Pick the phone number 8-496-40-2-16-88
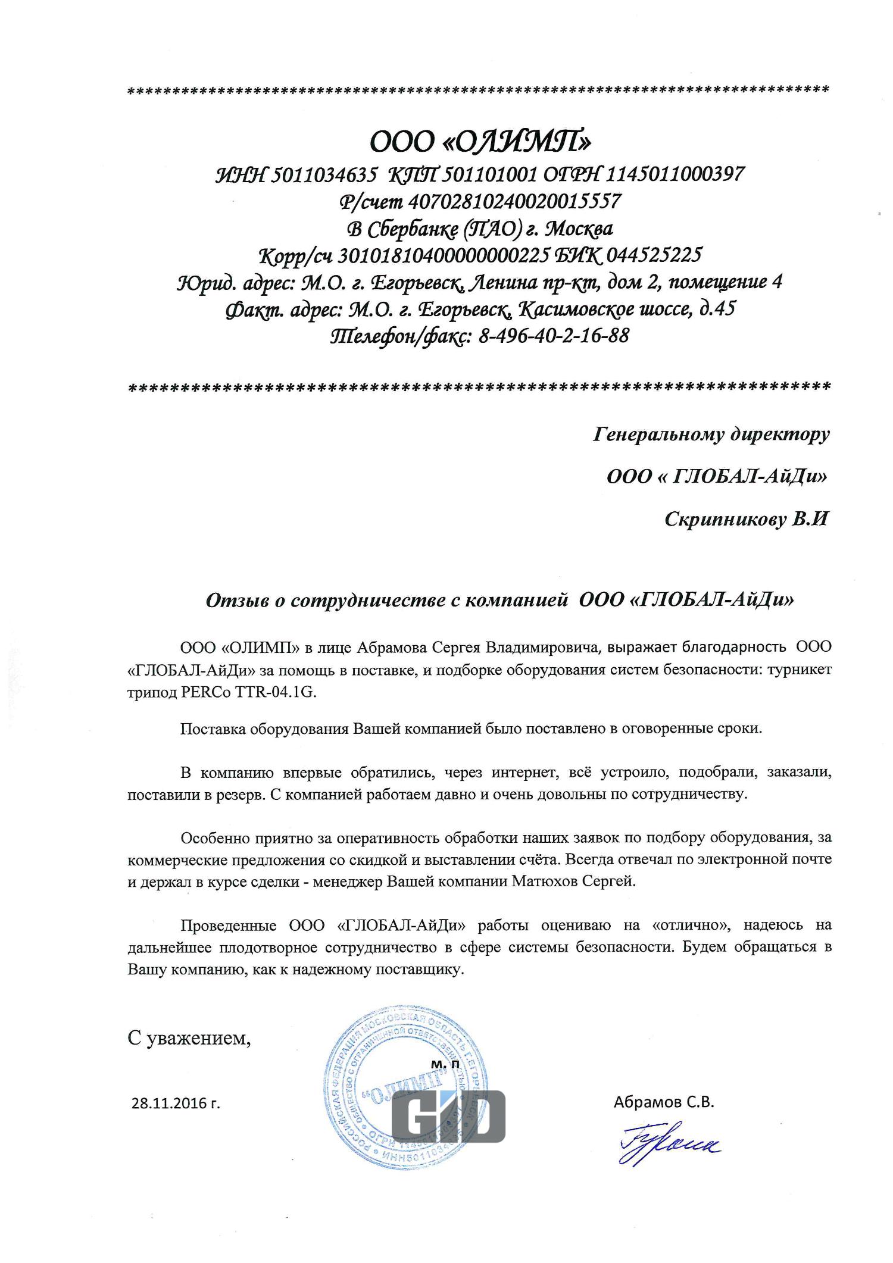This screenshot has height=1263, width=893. click(553, 336)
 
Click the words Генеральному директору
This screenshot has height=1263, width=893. click(711, 434)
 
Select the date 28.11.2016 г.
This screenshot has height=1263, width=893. click(175, 1103)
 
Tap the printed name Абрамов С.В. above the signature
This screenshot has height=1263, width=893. click(663, 1102)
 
